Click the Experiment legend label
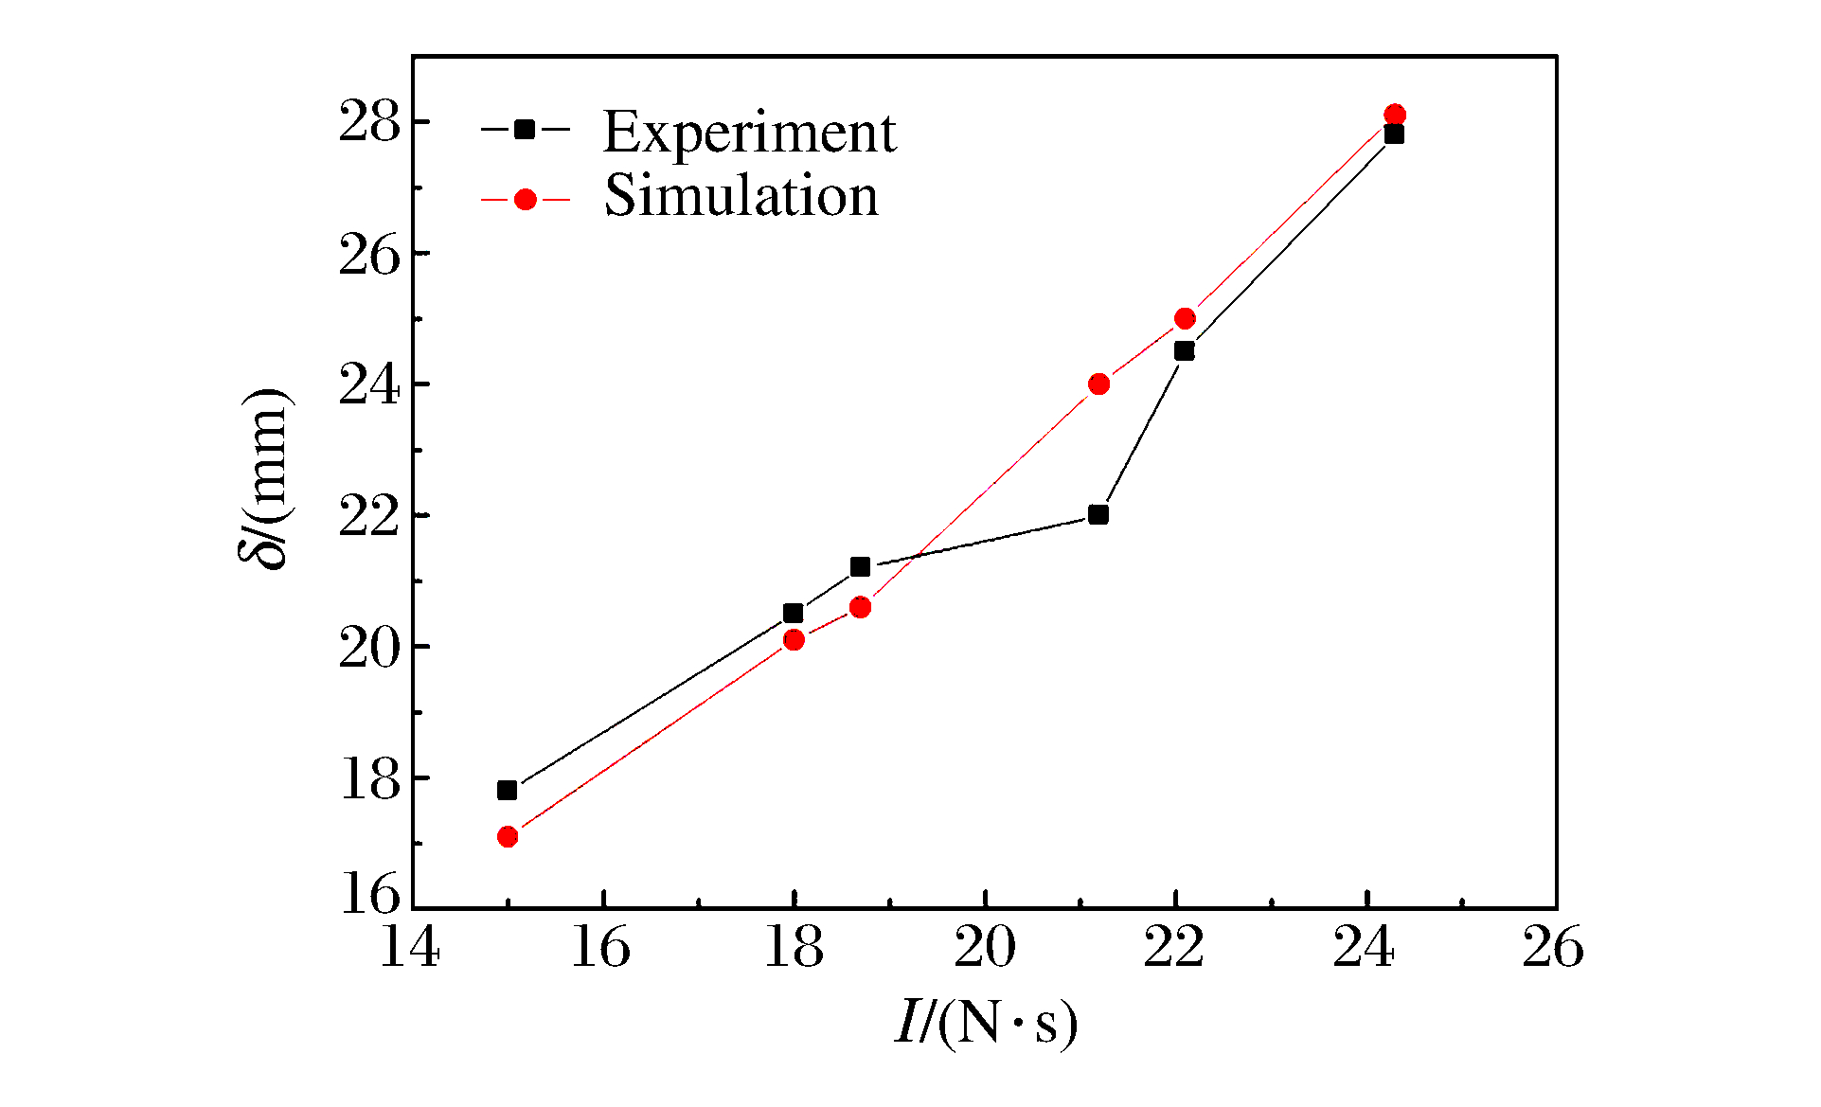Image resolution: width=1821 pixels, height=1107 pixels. point(749,132)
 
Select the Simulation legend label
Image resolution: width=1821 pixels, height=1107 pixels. point(741,196)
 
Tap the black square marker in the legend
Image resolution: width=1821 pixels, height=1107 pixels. point(525,130)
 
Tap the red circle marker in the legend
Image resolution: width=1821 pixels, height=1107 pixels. point(525,200)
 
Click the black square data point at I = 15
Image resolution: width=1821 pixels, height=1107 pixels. point(508,790)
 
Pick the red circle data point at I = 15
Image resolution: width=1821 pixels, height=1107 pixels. point(508,836)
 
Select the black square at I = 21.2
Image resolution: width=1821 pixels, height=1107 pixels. point(1098,515)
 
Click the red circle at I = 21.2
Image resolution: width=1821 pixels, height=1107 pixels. point(1098,384)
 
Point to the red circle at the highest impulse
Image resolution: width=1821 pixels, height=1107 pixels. point(1394,115)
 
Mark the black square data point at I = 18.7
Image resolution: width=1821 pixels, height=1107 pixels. point(860,567)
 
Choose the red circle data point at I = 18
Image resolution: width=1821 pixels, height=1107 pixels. point(794,640)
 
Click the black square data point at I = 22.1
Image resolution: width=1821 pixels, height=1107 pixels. point(1185,351)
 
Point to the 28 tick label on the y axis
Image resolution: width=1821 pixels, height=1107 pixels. point(369,124)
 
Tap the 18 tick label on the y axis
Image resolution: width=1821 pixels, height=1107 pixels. point(369,779)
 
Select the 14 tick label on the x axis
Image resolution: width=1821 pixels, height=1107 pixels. point(411,947)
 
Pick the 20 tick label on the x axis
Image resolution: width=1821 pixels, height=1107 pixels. point(985,947)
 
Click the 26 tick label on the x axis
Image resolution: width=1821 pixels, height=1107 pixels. point(1553,947)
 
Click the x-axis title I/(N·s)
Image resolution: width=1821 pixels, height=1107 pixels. point(986,1024)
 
